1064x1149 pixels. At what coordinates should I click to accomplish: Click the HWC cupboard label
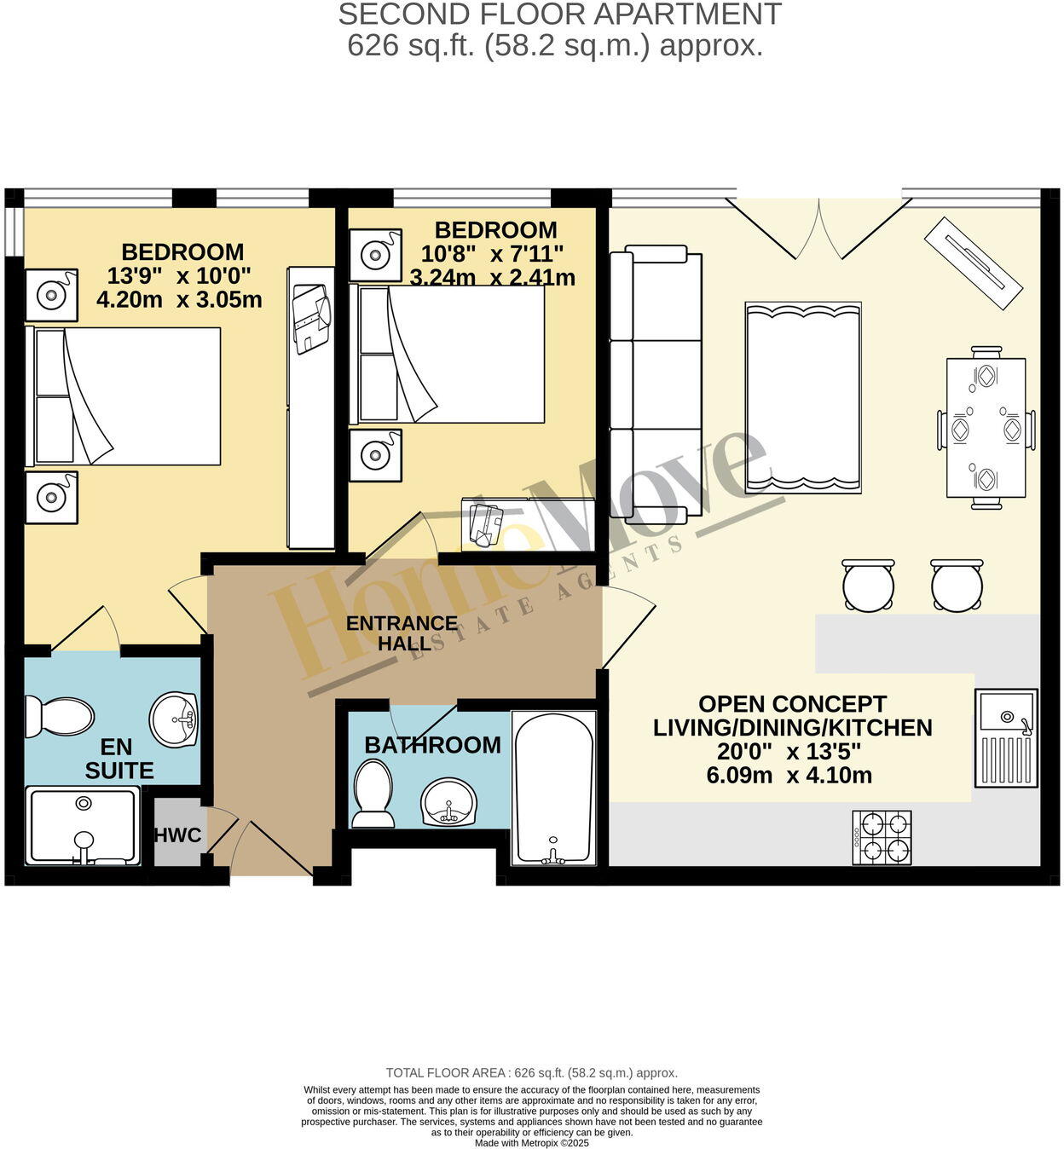pos(177,834)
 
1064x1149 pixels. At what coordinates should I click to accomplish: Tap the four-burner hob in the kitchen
pos(882,837)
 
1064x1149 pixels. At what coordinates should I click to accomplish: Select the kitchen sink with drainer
pos(1006,737)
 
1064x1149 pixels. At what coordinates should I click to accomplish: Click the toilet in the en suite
pos(58,716)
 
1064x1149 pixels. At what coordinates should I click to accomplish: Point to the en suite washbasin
pos(174,718)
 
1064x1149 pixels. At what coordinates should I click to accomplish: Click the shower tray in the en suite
pos(83,826)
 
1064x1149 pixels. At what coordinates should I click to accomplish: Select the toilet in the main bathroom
pos(373,794)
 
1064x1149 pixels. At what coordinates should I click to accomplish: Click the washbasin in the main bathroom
pos(449,801)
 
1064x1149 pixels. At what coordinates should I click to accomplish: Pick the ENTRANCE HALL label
pos(402,633)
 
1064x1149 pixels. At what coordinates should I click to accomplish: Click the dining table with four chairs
pos(986,429)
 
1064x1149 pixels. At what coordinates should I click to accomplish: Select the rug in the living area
pos(802,397)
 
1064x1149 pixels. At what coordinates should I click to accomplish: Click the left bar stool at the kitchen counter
pos(868,586)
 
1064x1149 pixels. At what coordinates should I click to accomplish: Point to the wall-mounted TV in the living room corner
pos(973,264)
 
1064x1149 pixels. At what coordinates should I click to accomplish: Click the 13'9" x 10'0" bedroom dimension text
pos(179,276)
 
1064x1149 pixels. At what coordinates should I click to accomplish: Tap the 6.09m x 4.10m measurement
pos(789,776)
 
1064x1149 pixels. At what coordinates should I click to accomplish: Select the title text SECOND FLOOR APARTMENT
pos(559,14)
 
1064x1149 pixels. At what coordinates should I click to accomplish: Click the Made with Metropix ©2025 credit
pos(531,1143)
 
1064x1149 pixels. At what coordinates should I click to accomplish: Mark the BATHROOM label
pos(432,745)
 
